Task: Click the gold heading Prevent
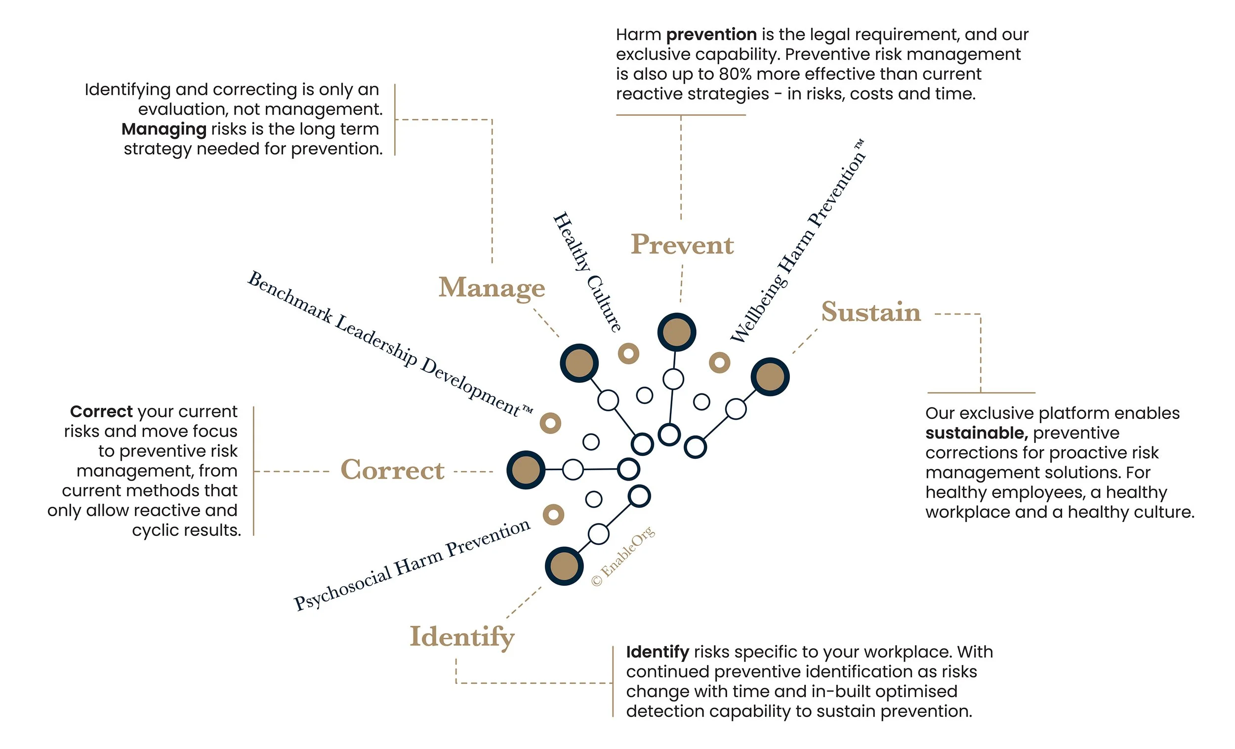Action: coord(682,244)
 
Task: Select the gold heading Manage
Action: coord(491,287)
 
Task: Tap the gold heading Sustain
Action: coord(870,311)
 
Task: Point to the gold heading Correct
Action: coord(392,470)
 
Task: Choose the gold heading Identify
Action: coord(461,636)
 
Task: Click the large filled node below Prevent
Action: coord(676,332)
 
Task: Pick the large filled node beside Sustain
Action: coord(769,377)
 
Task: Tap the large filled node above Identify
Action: coord(564,566)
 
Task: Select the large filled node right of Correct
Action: coord(525,470)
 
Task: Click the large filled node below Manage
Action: coord(579,363)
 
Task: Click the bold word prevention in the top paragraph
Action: coord(711,35)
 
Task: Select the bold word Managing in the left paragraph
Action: coord(164,130)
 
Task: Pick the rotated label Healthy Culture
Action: coord(587,271)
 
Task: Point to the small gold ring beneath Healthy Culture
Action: coord(628,353)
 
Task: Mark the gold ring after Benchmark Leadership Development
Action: coord(550,423)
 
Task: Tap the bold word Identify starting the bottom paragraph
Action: coord(657,652)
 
